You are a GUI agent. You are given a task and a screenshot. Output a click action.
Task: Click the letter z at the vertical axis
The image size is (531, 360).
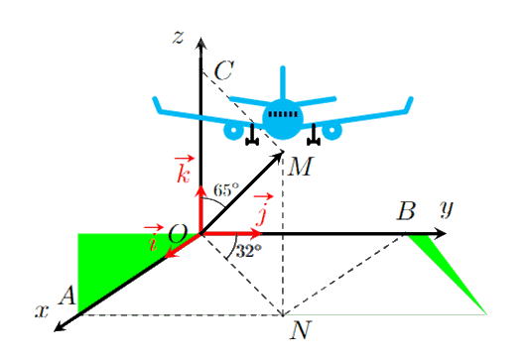click(x=178, y=37)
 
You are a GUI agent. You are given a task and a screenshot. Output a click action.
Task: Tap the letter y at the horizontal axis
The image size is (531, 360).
click(x=447, y=208)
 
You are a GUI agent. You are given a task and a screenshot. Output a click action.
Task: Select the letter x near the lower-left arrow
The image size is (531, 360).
click(x=42, y=311)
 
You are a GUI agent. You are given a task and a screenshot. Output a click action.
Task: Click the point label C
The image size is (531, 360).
click(x=224, y=71)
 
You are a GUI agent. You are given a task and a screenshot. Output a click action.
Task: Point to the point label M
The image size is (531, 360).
click(x=301, y=167)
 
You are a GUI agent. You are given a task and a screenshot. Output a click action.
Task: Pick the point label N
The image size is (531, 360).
click(x=300, y=330)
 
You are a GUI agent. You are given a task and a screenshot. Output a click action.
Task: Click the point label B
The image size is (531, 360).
click(x=406, y=211)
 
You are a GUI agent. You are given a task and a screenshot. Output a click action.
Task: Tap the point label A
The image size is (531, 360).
click(x=67, y=296)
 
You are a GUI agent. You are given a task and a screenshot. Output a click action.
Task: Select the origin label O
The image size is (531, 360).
click(x=178, y=234)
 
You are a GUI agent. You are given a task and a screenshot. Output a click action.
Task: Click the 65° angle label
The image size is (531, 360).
click(x=226, y=190)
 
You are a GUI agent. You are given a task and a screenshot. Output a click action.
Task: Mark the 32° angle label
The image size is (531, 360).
click(x=249, y=251)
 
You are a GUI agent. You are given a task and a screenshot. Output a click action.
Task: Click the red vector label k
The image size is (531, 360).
click(x=184, y=170)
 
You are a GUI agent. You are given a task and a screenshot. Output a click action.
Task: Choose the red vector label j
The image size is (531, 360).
click(x=262, y=210)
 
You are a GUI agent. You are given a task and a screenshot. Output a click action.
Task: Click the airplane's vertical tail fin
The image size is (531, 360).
click(x=283, y=83)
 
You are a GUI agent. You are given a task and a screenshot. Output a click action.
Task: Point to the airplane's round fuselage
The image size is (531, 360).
click(x=283, y=119)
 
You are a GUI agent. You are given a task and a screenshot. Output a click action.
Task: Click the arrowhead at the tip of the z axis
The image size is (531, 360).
click(x=201, y=43)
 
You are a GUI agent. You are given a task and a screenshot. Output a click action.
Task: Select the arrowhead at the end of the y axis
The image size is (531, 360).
click(x=440, y=233)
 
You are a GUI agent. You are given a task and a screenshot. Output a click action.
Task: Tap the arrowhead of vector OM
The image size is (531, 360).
click(x=278, y=157)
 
